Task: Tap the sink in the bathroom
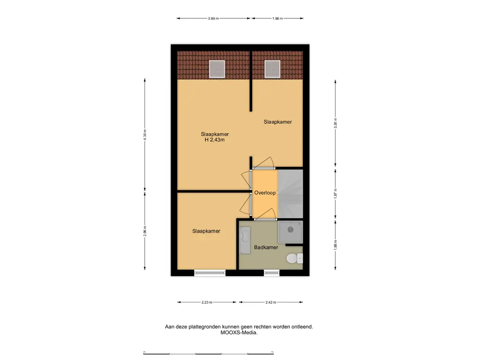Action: click(x=244, y=240)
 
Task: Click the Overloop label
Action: click(x=265, y=193)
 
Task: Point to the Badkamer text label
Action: click(x=266, y=247)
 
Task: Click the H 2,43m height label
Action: click(x=215, y=140)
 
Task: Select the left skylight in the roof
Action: click(x=217, y=69)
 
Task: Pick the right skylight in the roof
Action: click(x=272, y=69)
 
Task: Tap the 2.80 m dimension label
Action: click(x=213, y=19)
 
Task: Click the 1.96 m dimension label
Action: click(x=277, y=19)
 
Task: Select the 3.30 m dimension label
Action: click(x=335, y=123)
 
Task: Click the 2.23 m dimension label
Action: click(x=207, y=302)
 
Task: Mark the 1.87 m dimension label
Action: click(x=335, y=193)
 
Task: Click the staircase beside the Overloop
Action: click(x=291, y=193)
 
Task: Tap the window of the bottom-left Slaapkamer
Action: click(x=210, y=272)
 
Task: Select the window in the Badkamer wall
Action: click(x=270, y=272)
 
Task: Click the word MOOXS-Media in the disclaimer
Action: click(x=239, y=333)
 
